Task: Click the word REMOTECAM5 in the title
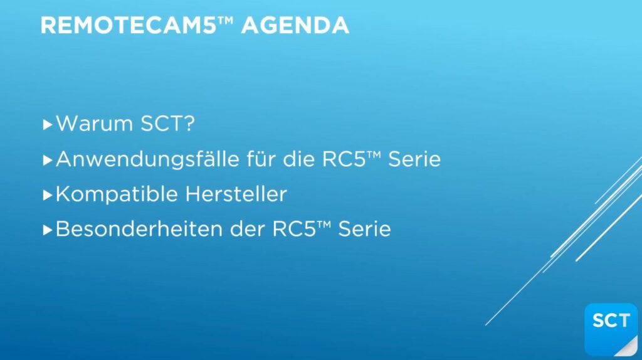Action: click(x=128, y=25)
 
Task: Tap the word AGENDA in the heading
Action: click(x=295, y=25)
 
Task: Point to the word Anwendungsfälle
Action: click(x=147, y=159)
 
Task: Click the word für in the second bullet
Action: click(x=261, y=159)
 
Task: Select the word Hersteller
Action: click(x=236, y=194)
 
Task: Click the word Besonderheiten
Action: click(x=139, y=229)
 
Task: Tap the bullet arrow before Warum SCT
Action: click(x=48, y=125)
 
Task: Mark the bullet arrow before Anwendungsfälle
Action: click(x=48, y=160)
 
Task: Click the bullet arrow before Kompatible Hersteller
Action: click(x=48, y=195)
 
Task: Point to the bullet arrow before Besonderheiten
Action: click(x=48, y=230)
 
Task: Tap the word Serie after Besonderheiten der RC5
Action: click(x=364, y=229)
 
